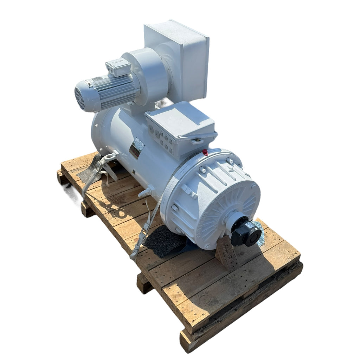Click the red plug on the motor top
(205, 152)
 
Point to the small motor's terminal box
(118, 67)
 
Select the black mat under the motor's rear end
(88, 169)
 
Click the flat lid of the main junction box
(179, 116)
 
